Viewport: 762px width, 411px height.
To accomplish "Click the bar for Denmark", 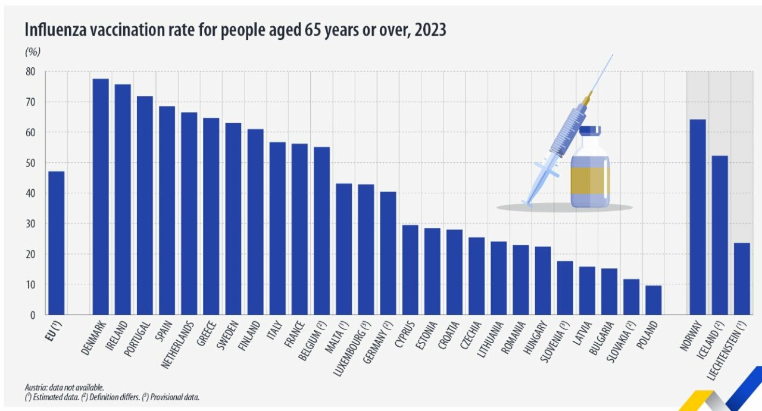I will tap(101, 197).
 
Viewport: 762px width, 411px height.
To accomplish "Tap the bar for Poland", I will tap(653, 300).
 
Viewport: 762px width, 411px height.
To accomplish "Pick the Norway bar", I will tap(698, 217).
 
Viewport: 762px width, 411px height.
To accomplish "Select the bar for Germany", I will tap(388, 253).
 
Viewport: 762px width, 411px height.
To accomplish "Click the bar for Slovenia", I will tap(565, 288).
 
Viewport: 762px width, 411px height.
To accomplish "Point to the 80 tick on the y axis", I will tap(30, 72).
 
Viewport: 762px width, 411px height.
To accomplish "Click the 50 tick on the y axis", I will tap(30, 163).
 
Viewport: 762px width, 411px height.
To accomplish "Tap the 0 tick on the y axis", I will tap(33, 315).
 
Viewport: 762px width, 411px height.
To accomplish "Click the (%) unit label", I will tap(32, 52).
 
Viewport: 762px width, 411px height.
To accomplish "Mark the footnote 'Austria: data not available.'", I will tap(64, 387).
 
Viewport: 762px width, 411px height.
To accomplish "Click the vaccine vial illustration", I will tap(590, 170).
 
